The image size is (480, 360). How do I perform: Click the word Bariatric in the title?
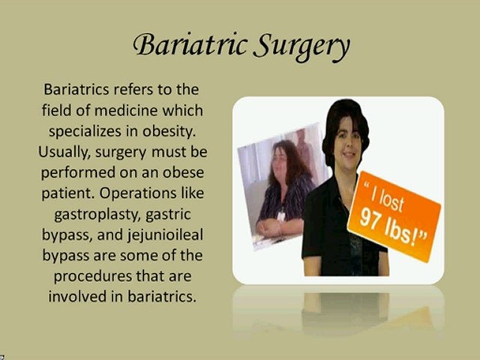(190, 45)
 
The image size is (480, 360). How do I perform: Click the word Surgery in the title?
(302, 47)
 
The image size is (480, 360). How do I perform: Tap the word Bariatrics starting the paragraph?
(76, 89)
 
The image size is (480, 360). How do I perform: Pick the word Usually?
(65, 152)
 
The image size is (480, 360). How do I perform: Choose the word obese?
(183, 172)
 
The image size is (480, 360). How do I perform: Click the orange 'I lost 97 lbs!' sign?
(394, 216)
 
